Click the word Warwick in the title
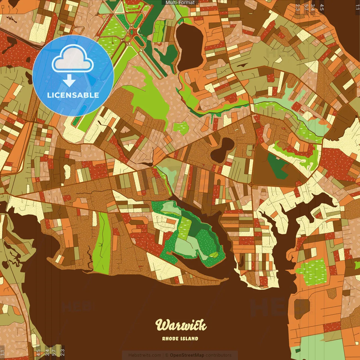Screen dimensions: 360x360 click(x=181, y=325)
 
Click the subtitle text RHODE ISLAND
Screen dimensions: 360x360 click(x=180, y=339)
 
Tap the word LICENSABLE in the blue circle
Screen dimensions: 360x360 click(x=73, y=95)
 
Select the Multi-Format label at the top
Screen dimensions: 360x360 click(x=180, y=3)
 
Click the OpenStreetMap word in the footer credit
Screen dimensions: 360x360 click(x=187, y=355)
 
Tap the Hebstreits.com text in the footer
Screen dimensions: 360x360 click(x=145, y=355)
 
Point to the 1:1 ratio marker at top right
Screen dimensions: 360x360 click(x=357, y=7)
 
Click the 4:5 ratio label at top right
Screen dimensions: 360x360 click(x=322, y=7)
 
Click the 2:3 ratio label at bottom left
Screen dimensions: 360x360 click(x=62, y=352)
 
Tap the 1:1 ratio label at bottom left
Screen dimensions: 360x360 click(x=2, y=352)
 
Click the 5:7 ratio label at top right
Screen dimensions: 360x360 click(x=306, y=7)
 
